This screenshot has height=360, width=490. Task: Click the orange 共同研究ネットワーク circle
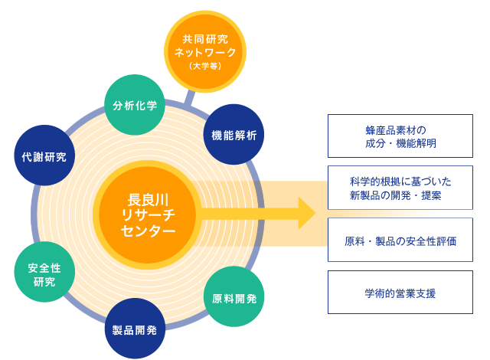point(205,51)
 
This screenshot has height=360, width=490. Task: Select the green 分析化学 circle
point(135,105)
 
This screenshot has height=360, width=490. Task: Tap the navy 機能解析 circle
point(234,134)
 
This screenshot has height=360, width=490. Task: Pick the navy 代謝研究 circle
point(44,155)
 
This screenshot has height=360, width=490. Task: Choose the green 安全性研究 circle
point(44,272)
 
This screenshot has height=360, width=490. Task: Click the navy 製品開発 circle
point(135,329)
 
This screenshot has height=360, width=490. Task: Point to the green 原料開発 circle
point(234,296)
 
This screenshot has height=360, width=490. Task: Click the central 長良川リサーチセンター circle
point(148,215)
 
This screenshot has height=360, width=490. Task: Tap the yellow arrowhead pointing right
point(307,213)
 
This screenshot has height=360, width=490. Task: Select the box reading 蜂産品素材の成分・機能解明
point(400,136)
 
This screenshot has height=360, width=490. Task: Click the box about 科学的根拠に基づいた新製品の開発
point(400,188)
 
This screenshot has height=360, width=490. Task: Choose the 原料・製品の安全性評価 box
point(400,240)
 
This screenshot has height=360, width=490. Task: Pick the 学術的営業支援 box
point(400,292)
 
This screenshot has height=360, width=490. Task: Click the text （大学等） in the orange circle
point(205,66)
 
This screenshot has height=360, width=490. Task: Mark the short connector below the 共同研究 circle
point(189,97)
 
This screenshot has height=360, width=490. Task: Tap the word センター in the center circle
point(148,231)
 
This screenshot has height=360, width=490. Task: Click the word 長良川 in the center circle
point(148,200)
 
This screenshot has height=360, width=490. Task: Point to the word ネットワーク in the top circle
point(205,52)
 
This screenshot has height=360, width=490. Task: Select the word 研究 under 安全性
point(44,282)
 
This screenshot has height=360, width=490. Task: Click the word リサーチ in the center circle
point(148,215)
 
